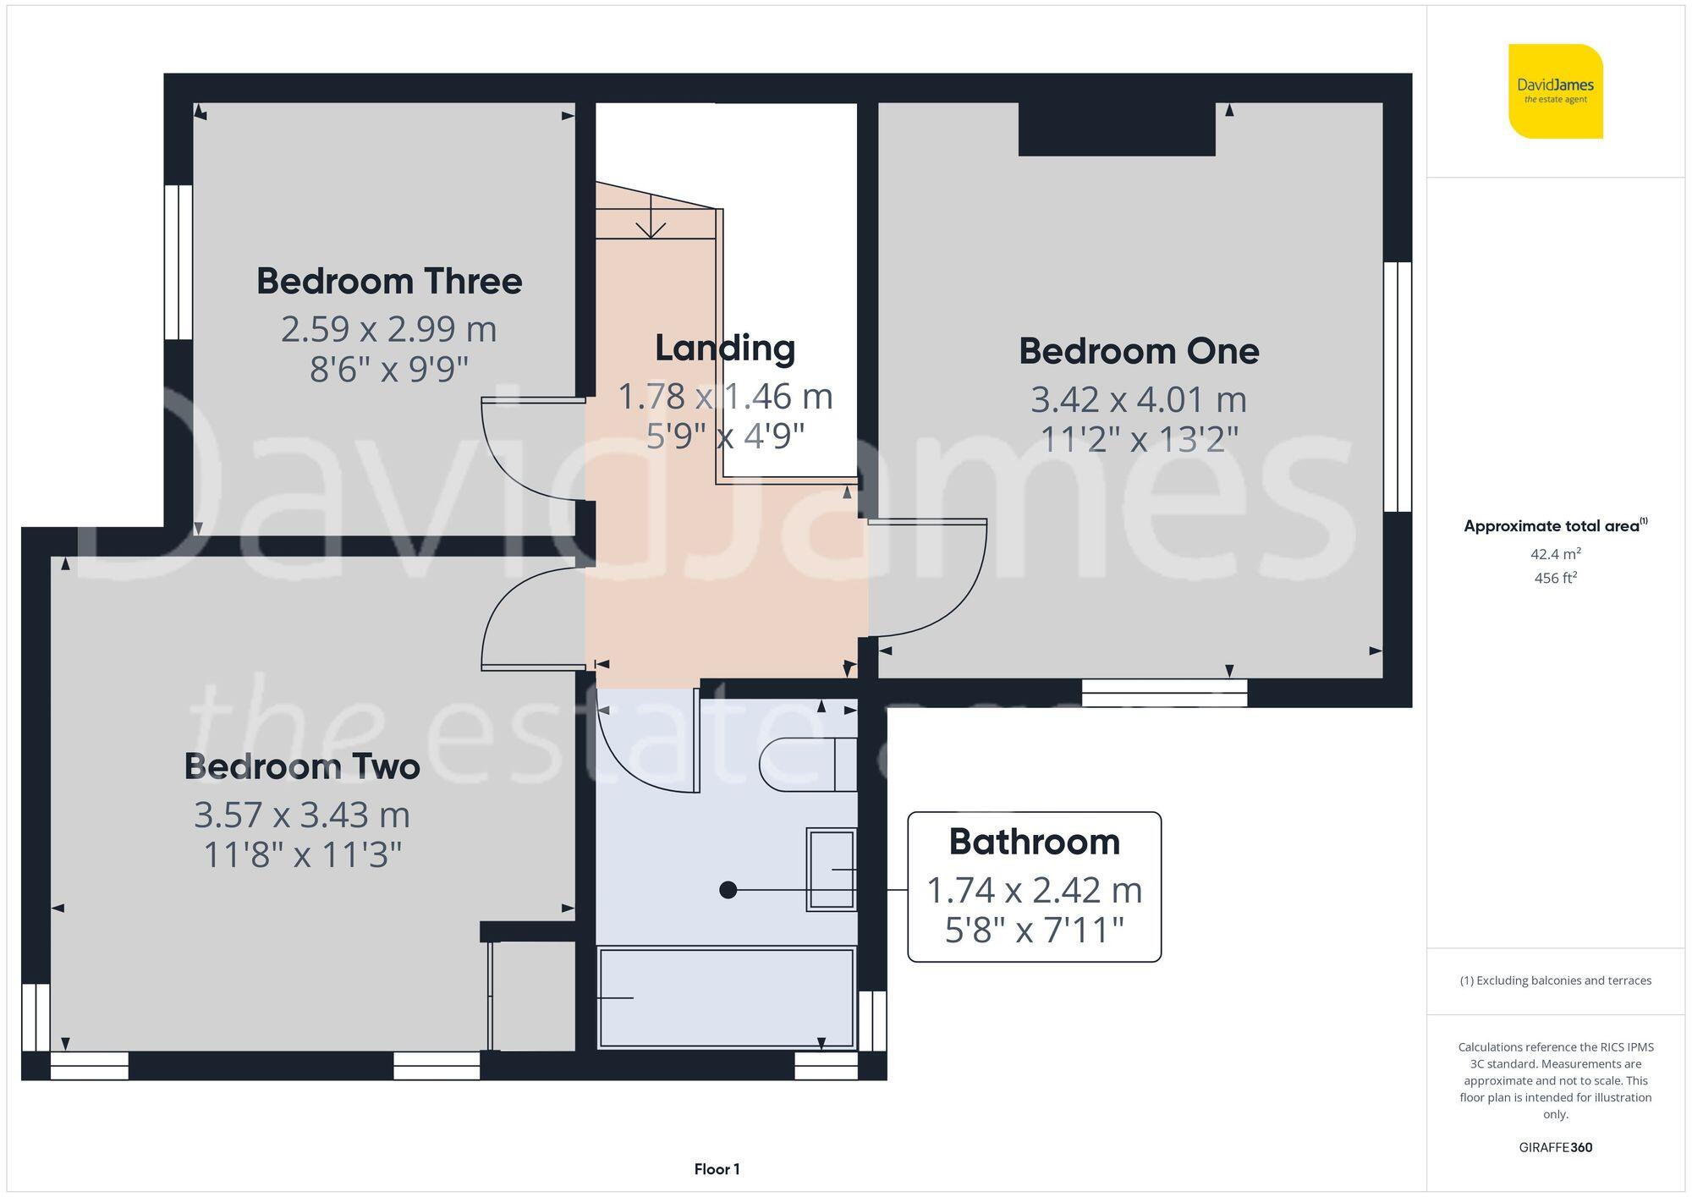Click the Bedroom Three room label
pos(389,282)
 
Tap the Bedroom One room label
pos(1138,352)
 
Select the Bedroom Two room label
pos(302,767)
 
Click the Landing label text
pos(725,349)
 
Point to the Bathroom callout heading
pos(1034,842)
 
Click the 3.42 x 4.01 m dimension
pos(1138,399)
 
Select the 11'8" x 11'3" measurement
pos(302,855)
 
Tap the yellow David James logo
pos(1555,91)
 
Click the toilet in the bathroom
pos(808,765)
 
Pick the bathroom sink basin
pos(831,869)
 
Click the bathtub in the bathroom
pos(726,998)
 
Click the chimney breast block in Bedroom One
pos(1116,129)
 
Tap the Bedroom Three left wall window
pos(179,262)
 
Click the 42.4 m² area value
pos(1555,554)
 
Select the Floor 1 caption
pos(717,1169)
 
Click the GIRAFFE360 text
pos(1555,1148)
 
